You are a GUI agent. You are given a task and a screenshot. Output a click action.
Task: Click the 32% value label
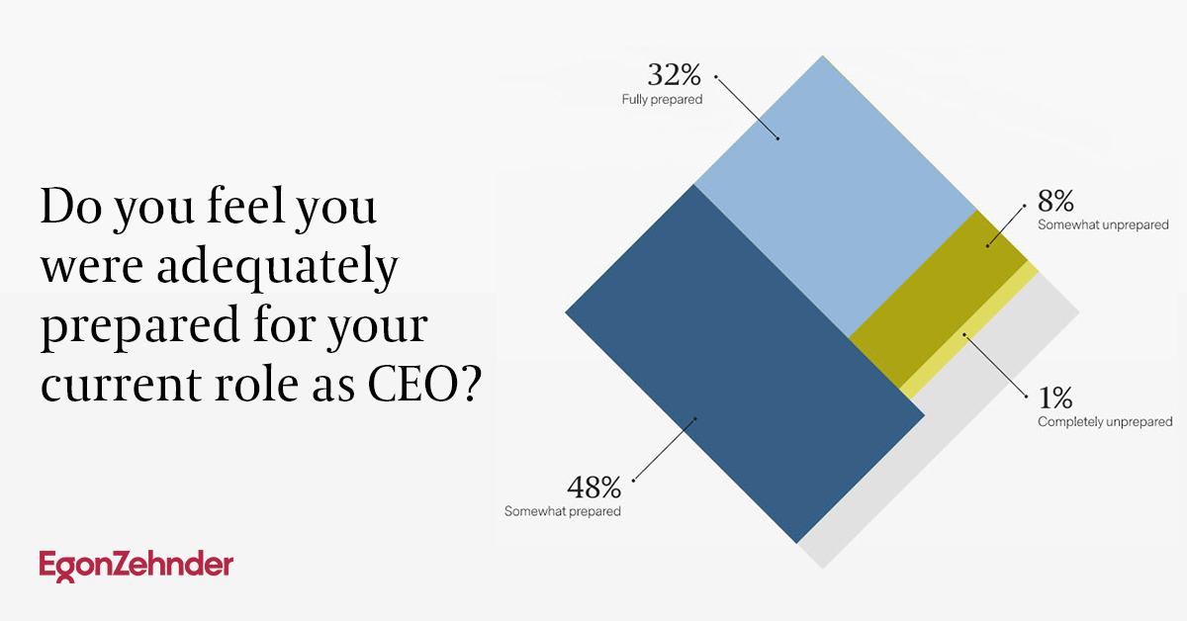pos(674,75)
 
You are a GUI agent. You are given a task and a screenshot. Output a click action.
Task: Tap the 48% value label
pos(594,487)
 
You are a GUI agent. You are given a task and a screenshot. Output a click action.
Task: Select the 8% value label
pos(1056,201)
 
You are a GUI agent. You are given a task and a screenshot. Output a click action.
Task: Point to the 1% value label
pos(1055,398)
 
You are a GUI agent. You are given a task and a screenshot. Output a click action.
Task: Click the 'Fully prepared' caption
pos(663,100)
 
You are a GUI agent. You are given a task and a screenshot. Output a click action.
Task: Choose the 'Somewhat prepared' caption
pos(562,511)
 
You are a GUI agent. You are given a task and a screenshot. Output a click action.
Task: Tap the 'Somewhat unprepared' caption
pos(1103,224)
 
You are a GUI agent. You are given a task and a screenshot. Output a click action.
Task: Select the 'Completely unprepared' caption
pos(1105,422)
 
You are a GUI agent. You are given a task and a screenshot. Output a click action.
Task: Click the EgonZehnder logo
pos(137,566)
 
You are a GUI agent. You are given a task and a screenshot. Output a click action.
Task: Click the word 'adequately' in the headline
pos(277,267)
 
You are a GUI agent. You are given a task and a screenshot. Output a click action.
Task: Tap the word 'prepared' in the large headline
pos(140,327)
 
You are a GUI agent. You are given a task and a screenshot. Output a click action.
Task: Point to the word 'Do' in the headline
pos(71,207)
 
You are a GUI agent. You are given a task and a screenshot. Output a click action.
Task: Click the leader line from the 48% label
pos(665,449)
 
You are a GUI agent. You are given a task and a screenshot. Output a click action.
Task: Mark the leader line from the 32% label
pos(747,108)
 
